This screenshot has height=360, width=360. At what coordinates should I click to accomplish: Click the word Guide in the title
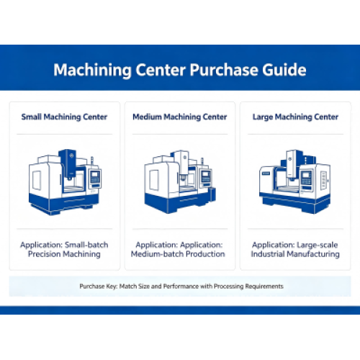tap(284, 70)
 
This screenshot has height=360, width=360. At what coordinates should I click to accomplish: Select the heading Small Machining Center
tap(64, 117)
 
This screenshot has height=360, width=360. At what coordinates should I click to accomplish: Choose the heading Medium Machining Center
tap(180, 117)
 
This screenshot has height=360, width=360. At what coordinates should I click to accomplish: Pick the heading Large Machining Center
tap(295, 117)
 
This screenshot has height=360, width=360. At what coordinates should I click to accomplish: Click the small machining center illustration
tap(65, 182)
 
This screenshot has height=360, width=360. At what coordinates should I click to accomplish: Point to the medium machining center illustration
tap(180, 182)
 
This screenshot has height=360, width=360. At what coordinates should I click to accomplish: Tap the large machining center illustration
tap(295, 181)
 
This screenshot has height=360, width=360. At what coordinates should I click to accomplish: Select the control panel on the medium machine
tap(206, 178)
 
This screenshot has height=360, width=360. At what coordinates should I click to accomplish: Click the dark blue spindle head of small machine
tap(68, 163)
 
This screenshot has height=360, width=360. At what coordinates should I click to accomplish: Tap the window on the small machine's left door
tap(37, 180)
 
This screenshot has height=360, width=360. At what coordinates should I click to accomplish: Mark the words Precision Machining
tap(64, 254)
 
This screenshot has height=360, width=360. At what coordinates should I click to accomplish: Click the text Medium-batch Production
tap(178, 254)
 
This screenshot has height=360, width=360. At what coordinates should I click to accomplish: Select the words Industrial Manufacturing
tap(295, 254)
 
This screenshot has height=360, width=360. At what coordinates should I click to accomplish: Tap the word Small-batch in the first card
tap(86, 245)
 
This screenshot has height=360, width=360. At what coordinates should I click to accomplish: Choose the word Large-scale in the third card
tap(318, 245)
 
